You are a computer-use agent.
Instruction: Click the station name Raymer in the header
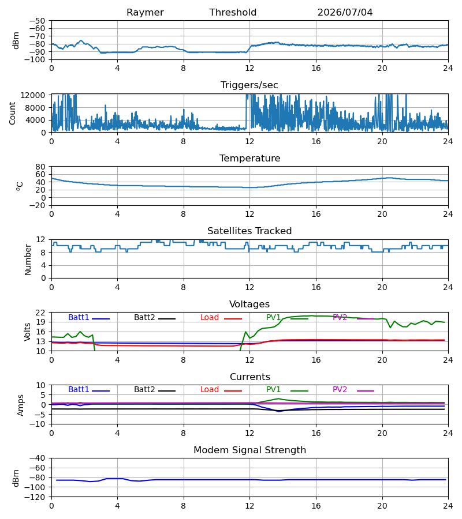pos(145,13)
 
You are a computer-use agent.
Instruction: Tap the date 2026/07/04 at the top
pos(345,13)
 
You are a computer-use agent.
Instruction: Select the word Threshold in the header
pos(233,13)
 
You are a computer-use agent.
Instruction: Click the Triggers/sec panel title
pos(249,85)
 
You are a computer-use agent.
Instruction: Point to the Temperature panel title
pos(249,159)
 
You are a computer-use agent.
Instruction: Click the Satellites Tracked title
pos(249,231)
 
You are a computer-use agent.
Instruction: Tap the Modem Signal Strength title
pos(249,450)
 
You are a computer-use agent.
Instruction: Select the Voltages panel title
pos(249,304)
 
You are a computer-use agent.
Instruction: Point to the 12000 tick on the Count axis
pos(33,95)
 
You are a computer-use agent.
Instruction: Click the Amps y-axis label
pos(21,405)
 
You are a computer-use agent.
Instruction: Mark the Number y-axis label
pos(28,260)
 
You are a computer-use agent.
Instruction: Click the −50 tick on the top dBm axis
pos(37,21)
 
